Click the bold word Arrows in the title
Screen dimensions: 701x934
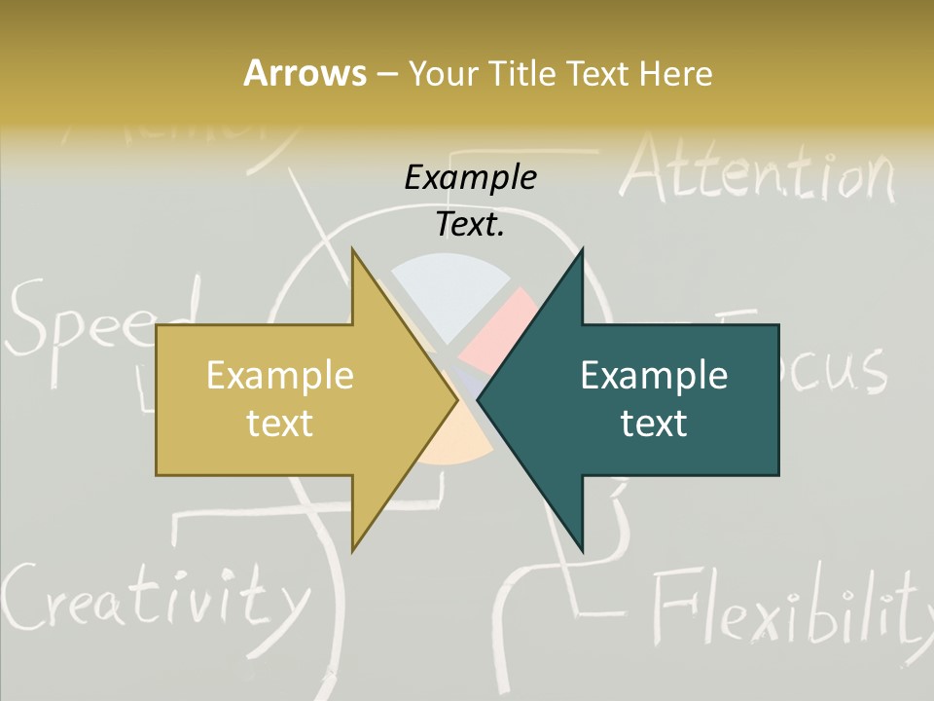(305, 73)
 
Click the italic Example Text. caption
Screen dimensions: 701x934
(471, 201)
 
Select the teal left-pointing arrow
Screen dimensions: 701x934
(642, 399)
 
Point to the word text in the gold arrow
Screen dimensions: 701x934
(279, 423)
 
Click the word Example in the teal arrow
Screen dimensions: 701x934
(654, 376)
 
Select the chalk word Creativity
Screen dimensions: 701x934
(151, 594)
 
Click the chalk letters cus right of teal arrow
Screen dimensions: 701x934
(837, 370)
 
